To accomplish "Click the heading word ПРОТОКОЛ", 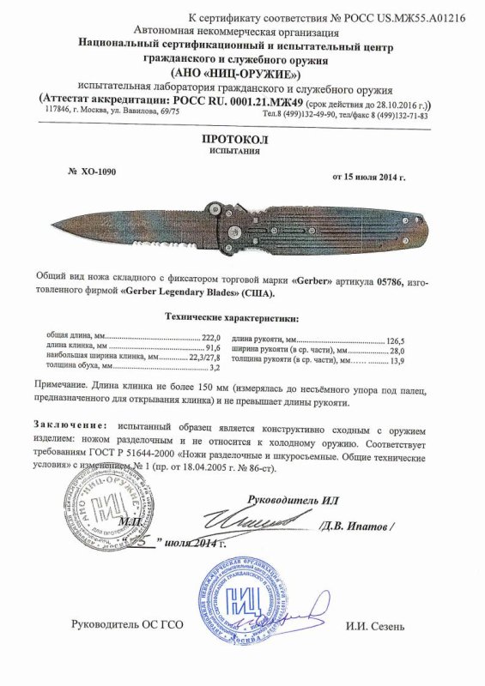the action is click(242, 137).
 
